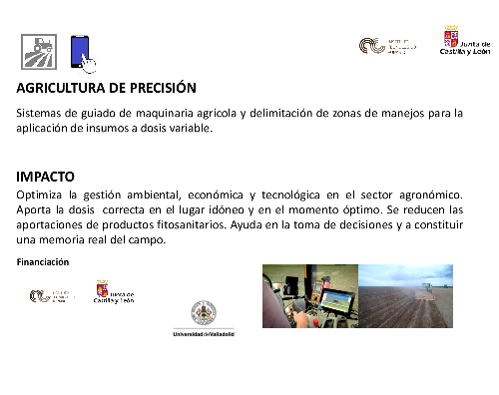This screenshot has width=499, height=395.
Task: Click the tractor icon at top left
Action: tap(39, 50)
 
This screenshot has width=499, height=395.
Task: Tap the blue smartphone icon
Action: tap(82, 51)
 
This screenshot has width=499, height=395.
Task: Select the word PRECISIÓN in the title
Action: tap(165, 88)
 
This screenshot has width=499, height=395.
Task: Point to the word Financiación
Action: tap(43, 261)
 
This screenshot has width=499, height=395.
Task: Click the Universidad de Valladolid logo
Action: tap(204, 319)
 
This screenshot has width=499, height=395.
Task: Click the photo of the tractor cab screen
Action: tap(308, 295)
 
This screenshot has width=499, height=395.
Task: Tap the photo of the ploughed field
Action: tap(405, 295)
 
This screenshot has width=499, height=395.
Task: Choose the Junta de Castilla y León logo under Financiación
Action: tap(114, 294)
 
